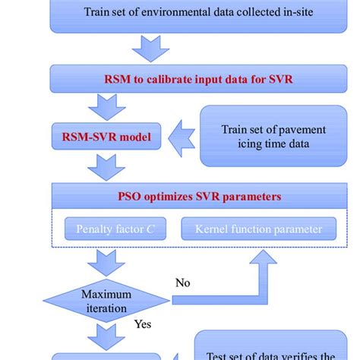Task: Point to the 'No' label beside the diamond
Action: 183,283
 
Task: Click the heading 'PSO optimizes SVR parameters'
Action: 200,196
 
